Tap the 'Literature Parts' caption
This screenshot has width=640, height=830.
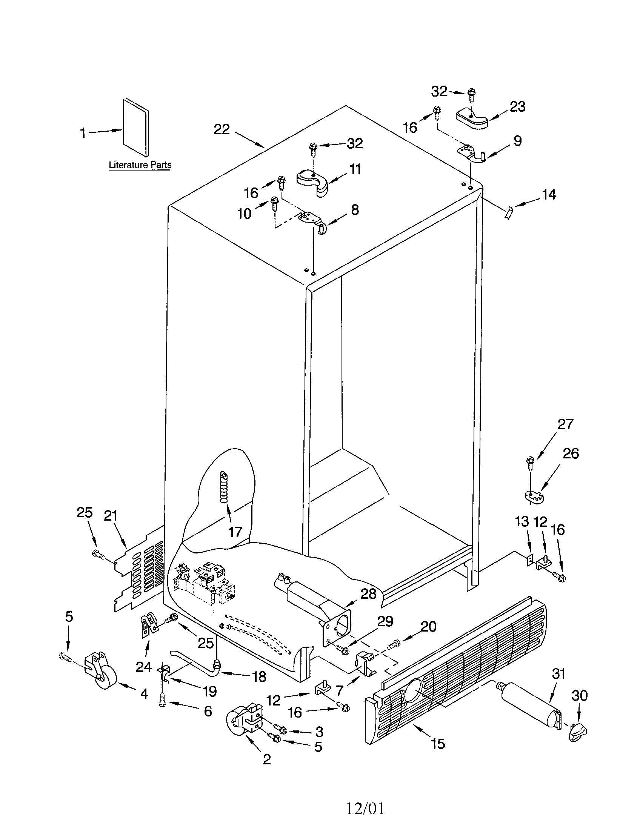[140, 165]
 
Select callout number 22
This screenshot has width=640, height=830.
[222, 129]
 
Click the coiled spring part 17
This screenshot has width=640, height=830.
[224, 486]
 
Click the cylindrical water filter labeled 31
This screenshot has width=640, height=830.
[529, 706]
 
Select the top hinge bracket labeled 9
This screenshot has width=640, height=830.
[471, 154]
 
